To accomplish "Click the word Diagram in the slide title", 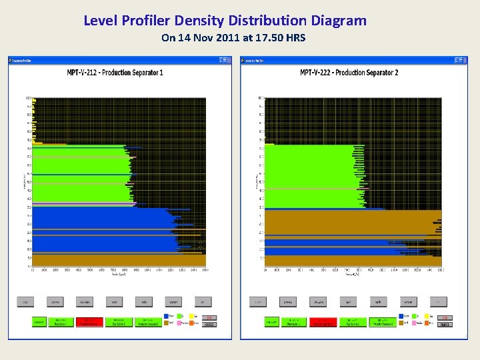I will click(338, 21).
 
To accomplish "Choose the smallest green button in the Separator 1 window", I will click(39, 322).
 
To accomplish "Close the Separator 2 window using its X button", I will click(462, 60).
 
